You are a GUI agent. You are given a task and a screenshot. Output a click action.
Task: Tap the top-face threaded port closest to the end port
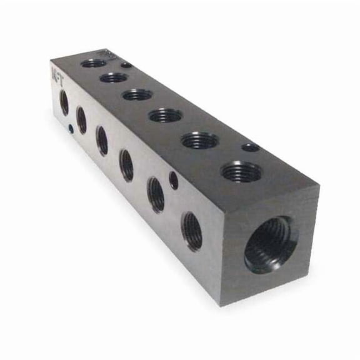click(241, 171)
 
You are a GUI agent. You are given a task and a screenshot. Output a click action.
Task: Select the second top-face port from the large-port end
click(200, 140)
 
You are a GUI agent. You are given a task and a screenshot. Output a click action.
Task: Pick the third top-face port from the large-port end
click(166, 115)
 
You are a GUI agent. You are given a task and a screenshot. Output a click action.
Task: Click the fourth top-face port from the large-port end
click(137, 94)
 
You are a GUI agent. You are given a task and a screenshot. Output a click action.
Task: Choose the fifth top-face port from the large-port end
click(114, 77)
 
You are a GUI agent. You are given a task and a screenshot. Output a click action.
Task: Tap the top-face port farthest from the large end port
click(94, 63)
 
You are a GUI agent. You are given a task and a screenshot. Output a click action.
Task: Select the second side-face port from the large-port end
click(156, 195)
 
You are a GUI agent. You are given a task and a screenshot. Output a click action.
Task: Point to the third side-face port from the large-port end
click(127, 165)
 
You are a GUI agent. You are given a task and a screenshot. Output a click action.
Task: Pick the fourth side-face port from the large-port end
click(102, 140)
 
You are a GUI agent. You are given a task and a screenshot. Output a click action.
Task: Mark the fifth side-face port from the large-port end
click(81, 119)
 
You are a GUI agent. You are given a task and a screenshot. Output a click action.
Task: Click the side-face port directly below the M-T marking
click(64, 102)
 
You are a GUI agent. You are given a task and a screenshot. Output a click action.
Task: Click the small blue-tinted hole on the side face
click(71, 129)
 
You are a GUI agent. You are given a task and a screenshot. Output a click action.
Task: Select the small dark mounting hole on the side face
click(174, 180)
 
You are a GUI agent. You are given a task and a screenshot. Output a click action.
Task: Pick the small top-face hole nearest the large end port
click(251, 147)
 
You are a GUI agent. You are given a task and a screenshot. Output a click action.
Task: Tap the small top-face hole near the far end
click(126, 64)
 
